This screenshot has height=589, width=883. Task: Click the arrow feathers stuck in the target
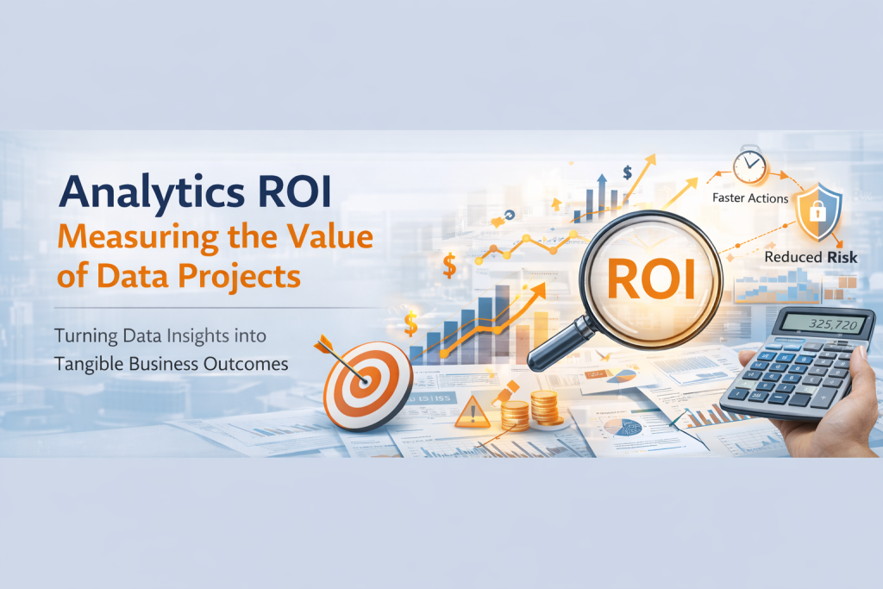(330, 345)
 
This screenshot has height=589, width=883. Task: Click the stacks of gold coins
(530, 409)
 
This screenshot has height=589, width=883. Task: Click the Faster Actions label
(750, 198)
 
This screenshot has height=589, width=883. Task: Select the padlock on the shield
(815, 210)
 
